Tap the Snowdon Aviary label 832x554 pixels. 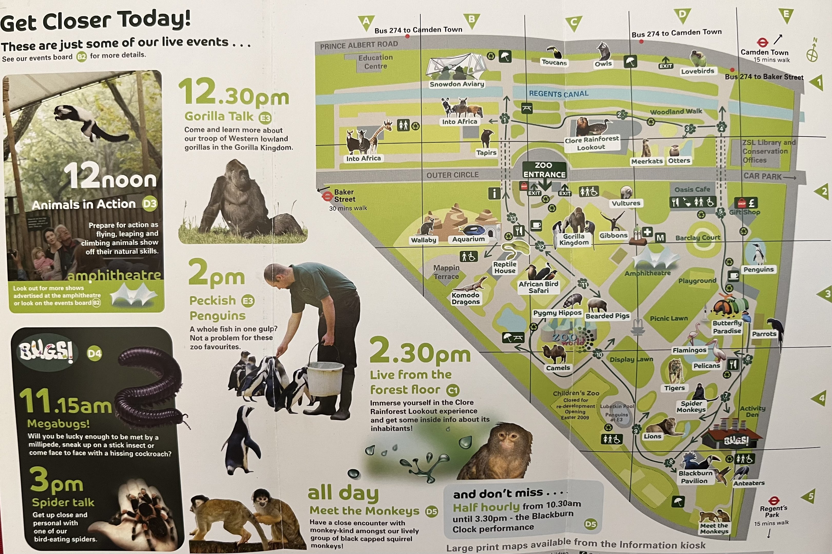pos(457,84)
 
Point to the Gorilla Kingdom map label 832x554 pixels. pos(574,240)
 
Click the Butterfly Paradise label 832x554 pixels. pos(727,327)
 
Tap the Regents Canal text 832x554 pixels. pos(559,94)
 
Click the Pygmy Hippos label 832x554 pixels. pos(557,313)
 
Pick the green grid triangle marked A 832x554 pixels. pos(366,23)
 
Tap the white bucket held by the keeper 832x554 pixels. pos(325,378)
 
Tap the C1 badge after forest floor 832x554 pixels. pos(453,390)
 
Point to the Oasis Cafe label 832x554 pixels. pos(692,189)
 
